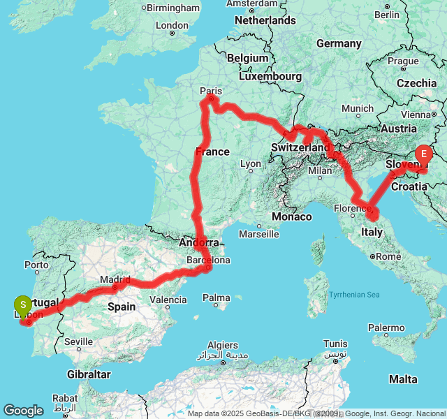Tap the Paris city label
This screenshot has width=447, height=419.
tap(210, 91)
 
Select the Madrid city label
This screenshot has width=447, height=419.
tap(115, 279)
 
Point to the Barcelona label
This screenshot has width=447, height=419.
tap(208, 260)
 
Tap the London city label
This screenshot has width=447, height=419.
tap(172, 25)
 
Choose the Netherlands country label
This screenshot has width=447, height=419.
tap(265, 20)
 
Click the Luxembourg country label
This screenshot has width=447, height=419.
tap(270, 75)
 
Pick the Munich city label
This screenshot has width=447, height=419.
tap(358, 108)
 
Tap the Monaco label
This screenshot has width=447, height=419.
tap(292, 216)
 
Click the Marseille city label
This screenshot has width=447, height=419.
tap(258, 234)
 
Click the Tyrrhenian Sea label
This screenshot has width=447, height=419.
tap(356, 295)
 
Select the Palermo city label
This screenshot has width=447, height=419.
tap(386, 328)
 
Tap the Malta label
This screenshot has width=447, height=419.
tap(403, 379)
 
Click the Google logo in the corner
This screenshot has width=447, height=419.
tap(23, 411)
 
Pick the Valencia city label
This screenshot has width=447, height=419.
tap(168, 300)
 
